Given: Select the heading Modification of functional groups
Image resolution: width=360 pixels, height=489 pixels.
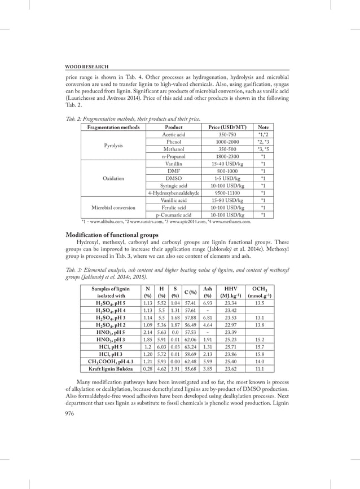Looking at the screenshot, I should pos(112,235).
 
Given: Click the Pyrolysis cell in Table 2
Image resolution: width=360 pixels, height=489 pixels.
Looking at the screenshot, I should pos(113,145).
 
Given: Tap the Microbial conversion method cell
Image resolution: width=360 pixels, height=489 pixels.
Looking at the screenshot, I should pos(113,207).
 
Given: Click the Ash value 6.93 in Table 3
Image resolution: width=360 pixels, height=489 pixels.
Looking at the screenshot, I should pos(208,303).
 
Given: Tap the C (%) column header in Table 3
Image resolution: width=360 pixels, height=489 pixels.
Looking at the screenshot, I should pos(192,292).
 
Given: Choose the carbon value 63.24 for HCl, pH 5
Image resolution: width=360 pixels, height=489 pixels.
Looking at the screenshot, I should pos(192,347).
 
